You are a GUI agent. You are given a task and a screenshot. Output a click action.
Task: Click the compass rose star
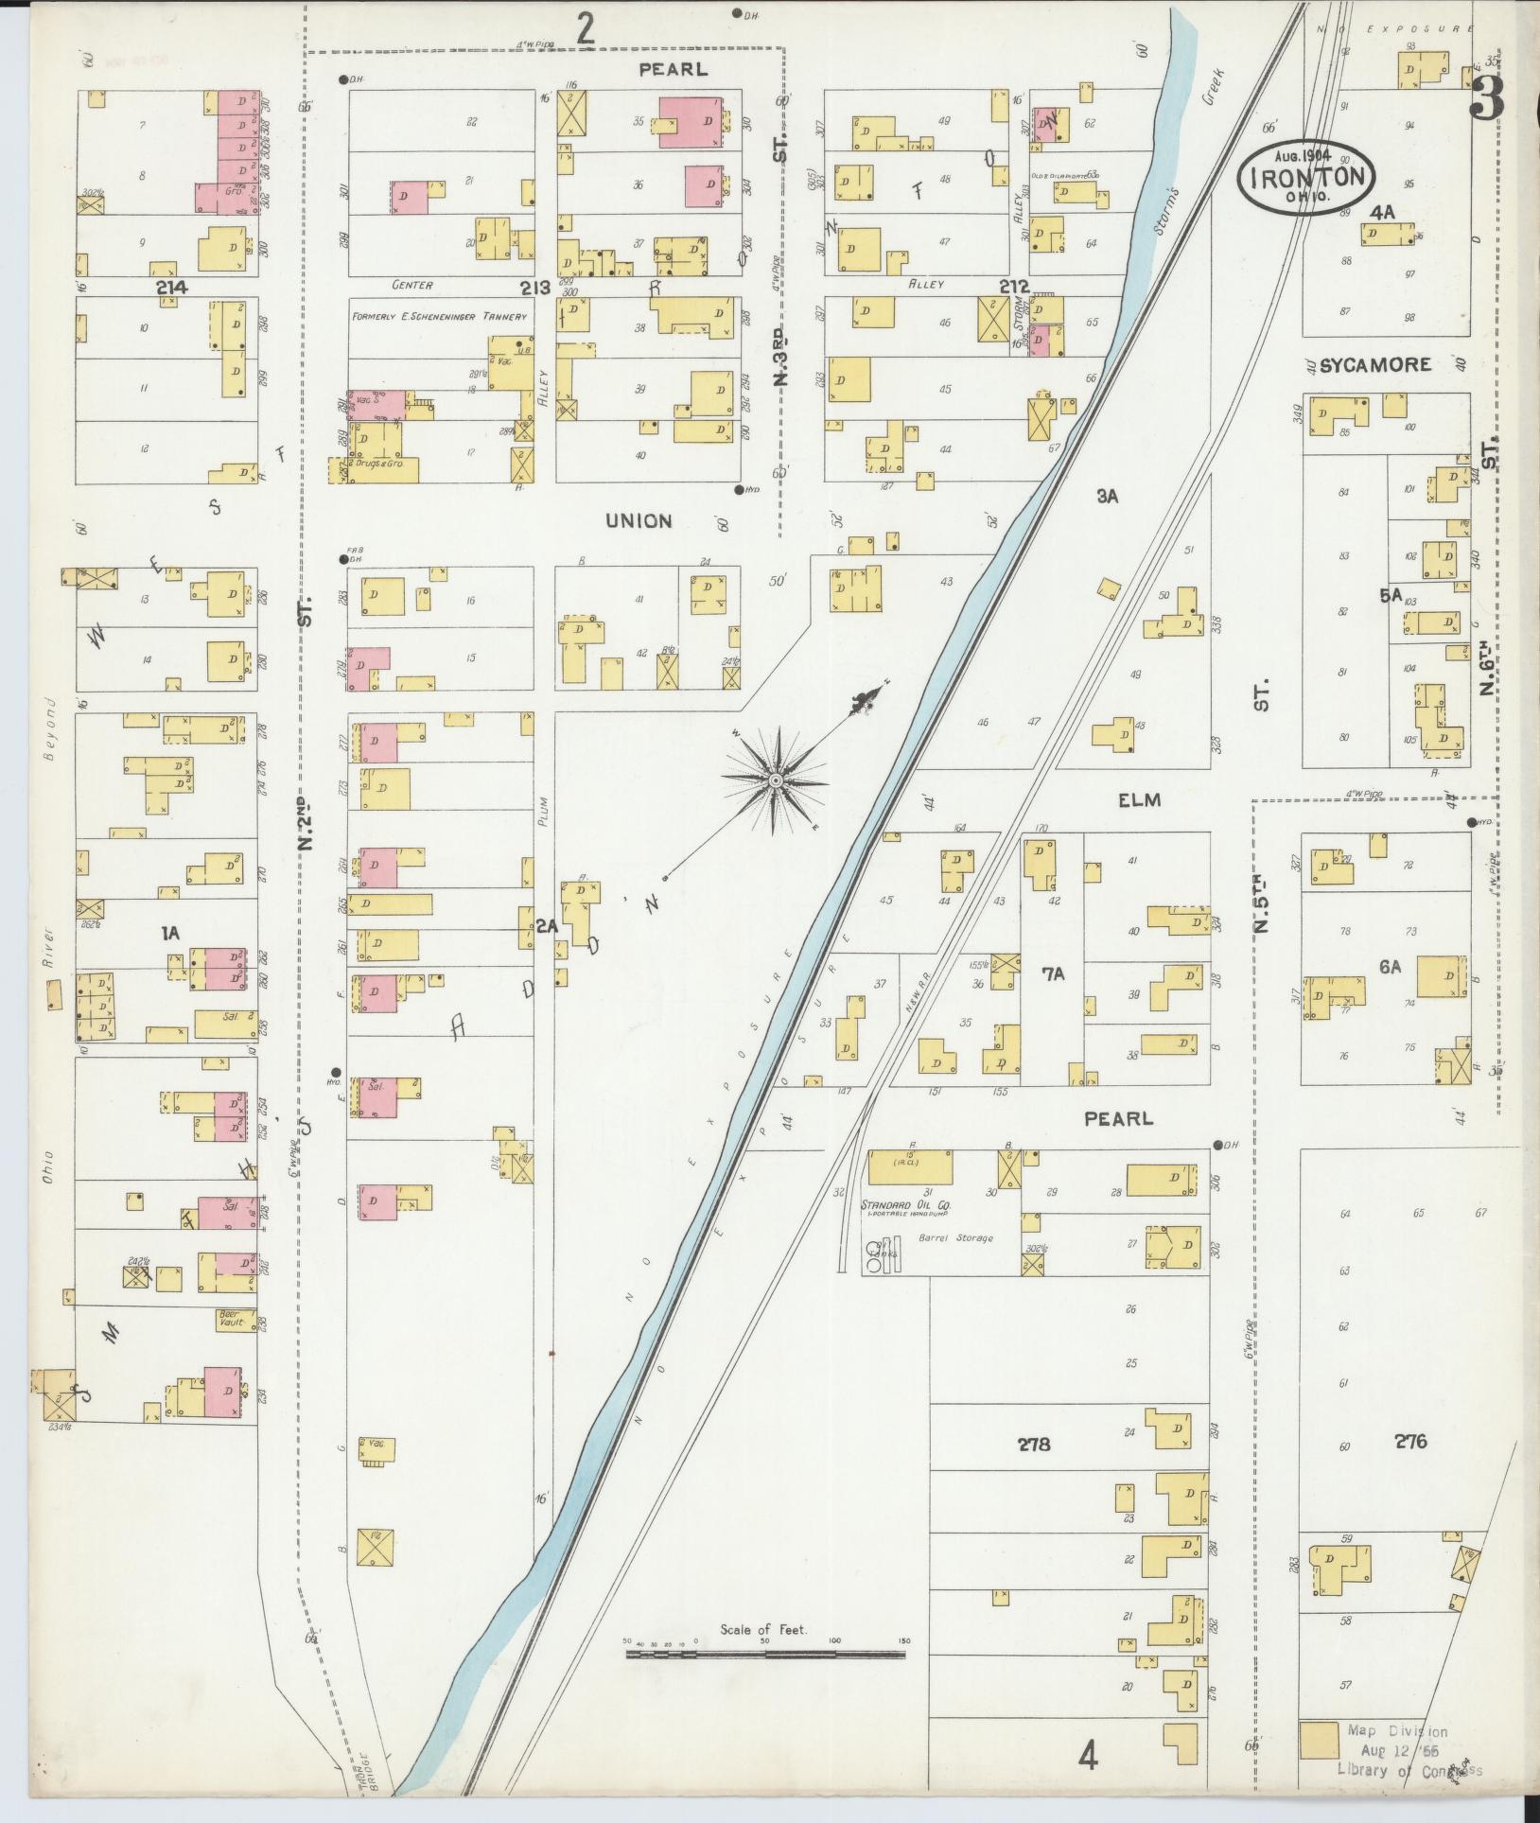pos(775,780)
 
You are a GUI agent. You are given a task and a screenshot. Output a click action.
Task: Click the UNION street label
pos(639,520)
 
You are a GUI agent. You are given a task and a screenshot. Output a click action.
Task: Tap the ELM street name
pos(1139,800)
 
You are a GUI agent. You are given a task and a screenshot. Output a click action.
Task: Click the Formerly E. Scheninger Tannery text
pos(438,316)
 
